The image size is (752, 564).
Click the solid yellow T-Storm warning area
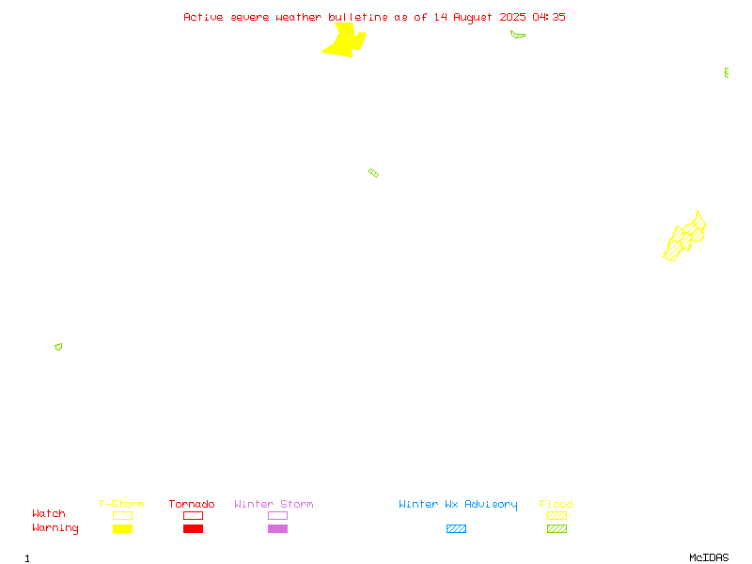pos(344,40)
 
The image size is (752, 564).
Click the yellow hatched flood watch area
pos(685,238)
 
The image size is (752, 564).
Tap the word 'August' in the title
pos(473,17)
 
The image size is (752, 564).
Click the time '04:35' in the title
pos(549,17)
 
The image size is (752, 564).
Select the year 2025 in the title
pos(512,17)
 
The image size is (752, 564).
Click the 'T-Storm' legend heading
pos(121,504)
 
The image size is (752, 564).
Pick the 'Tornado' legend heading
pos(192,504)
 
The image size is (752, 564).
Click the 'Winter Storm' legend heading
pos(274,504)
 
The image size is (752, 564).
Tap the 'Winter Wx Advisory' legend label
pos(458,505)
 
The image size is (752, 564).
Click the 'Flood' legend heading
pos(556,504)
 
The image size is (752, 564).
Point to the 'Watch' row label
pos(49,513)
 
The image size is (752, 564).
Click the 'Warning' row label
pos(55,528)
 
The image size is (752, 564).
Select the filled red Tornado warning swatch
pos(194,528)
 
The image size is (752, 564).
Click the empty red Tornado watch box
pos(194,515)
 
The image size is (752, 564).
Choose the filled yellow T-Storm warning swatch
pos(123,528)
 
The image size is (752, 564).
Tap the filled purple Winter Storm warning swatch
pos(277,528)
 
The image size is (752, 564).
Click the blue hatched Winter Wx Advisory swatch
pos(456,528)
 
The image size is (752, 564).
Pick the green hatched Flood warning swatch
pos(556,528)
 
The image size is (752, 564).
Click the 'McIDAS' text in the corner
pos(709,557)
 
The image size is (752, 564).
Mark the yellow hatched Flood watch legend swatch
pos(556,515)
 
